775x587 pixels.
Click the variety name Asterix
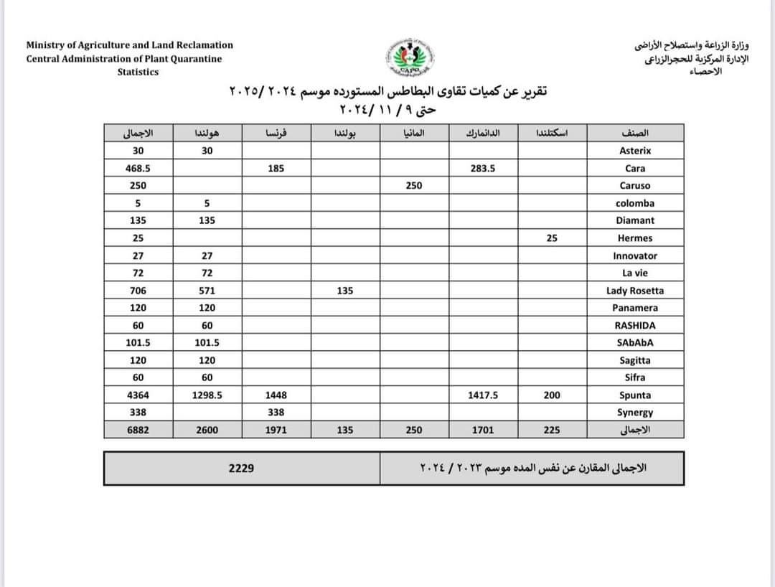(634, 151)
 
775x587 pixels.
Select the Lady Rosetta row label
(634, 291)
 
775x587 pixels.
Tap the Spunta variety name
(634, 395)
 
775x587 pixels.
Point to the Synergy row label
(634, 413)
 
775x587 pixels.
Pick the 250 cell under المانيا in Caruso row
(413, 186)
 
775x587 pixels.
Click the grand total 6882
(138, 430)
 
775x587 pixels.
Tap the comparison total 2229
(241, 468)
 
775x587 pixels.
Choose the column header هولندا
(207, 133)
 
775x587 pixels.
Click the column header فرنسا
(276, 133)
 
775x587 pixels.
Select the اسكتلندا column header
(551, 133)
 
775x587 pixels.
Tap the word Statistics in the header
(138, 72)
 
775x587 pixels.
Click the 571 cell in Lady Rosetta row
(207, 291)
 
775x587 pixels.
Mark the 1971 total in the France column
(276, 430)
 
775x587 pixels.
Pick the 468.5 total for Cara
(138, 169)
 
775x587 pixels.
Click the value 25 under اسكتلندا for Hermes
(551, 238)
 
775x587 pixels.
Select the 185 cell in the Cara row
(276, 169)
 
